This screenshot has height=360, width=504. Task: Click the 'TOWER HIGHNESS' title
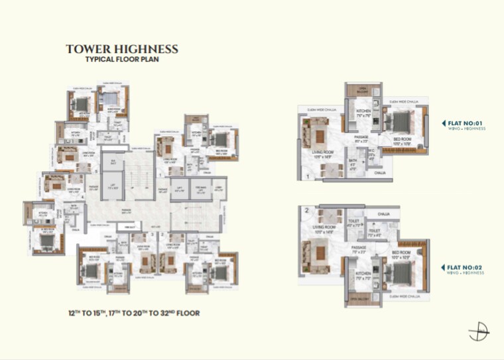(x=122, y=49)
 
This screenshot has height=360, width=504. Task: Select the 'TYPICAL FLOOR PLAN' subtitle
(x=122, y=60)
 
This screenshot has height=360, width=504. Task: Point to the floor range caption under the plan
(x=133, y=312)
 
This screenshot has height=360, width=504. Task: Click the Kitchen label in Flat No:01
(x=363, y=113)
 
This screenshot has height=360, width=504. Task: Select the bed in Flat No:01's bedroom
(x=402, y=123)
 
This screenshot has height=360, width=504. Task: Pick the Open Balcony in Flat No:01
(x=362, y=91)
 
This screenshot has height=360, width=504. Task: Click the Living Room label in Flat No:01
(x=320, y=154)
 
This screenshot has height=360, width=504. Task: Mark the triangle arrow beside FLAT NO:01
(x=443, y=123)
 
